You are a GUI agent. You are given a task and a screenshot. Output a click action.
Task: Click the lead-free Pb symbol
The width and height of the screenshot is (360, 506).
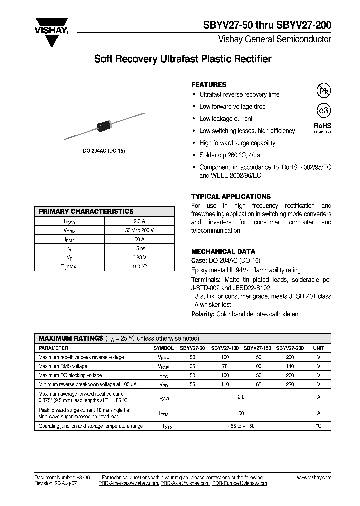point(323,90)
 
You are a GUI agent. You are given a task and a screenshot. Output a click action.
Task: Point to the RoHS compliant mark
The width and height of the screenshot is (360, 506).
point(322,128)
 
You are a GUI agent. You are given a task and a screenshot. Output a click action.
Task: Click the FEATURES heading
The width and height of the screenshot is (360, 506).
point(209,85)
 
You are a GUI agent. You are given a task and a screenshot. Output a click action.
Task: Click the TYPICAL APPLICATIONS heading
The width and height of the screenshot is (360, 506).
point(231,196)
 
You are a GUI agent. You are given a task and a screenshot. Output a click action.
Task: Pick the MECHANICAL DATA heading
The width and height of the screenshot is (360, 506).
point(223,251)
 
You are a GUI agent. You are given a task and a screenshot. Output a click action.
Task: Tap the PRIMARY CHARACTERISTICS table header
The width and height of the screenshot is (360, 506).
point(86,211)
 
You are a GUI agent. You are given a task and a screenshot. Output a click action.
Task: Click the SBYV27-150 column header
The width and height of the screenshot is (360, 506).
point(258,348)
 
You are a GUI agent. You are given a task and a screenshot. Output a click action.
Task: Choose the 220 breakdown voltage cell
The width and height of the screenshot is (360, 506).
point(290,384)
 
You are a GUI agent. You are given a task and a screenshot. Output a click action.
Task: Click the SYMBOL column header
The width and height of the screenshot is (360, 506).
point(163,348)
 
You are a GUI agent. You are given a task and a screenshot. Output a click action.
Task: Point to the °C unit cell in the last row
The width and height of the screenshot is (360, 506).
point(318,426)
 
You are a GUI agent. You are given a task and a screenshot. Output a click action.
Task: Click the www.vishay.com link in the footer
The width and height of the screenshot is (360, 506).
point(314,478)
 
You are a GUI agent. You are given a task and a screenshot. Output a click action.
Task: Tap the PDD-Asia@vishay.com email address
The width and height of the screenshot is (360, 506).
point(185,484)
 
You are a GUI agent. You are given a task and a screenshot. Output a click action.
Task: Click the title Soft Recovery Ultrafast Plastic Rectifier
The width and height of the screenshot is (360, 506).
point(183,59)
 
